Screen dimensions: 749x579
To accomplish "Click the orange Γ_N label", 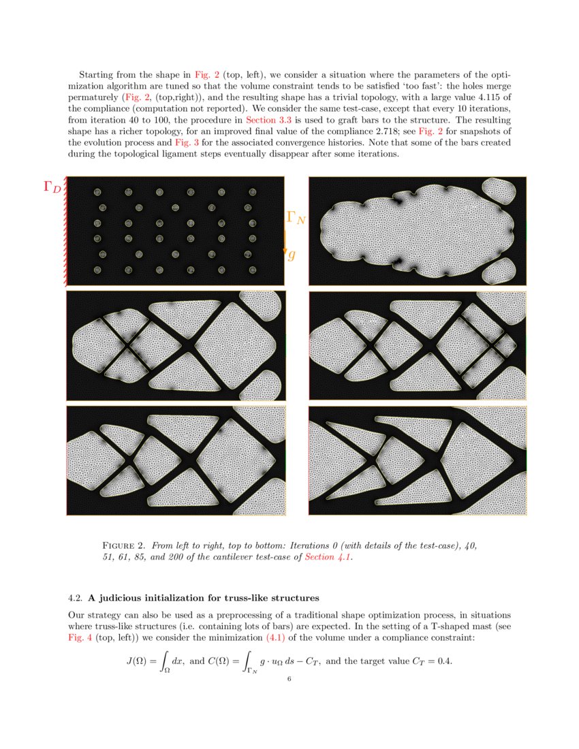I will coord(295,217).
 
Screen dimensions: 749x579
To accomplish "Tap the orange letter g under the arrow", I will coord(292,255).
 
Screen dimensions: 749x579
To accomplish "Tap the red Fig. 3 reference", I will coord(186,142).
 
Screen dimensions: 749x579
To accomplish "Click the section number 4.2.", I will coord(75,599).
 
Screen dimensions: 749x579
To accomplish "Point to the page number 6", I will coord(289,679).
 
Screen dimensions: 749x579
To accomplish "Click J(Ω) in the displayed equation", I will coord(139,661).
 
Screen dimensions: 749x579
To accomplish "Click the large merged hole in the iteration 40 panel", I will coord(416,232).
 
